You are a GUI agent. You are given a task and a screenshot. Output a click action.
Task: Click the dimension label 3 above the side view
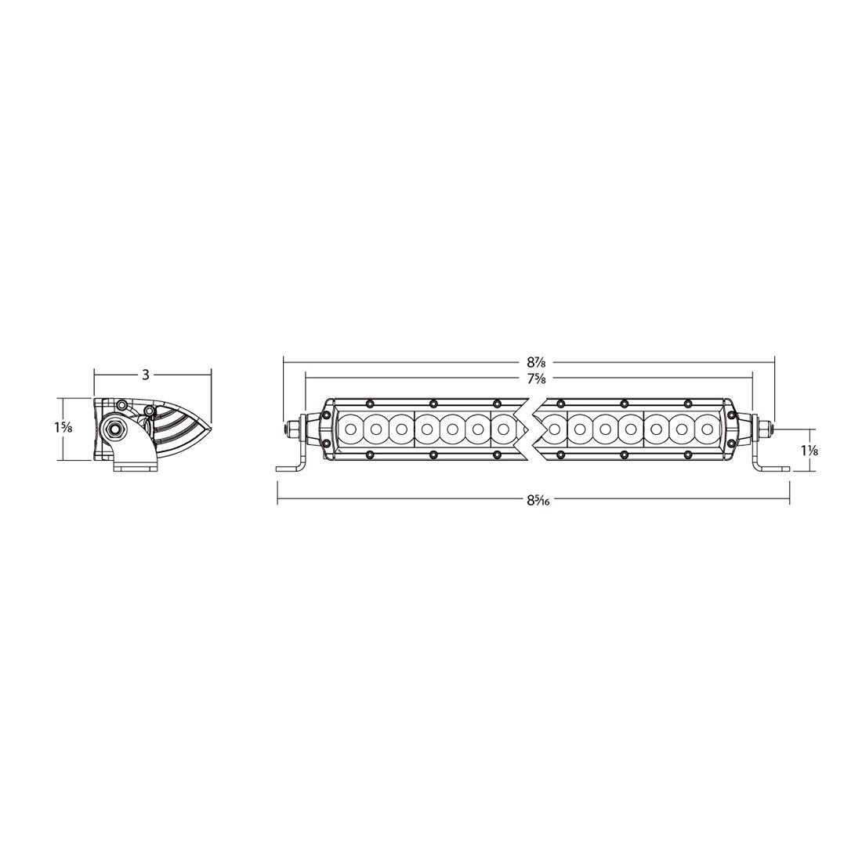click(x=146, y=375)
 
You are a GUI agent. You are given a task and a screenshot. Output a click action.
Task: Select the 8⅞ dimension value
click(x=536, y=362)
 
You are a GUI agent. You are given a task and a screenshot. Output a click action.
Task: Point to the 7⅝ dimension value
click(x=536, y=379)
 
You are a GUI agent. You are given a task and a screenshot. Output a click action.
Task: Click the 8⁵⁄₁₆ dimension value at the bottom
click(x=536, y=501)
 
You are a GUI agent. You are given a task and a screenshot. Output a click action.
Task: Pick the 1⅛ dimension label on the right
click(x=810, y=451)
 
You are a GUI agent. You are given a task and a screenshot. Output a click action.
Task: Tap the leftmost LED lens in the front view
click(x=351, y=429)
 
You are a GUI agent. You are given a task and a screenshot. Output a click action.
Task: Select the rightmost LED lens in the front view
click(x=708, y=429)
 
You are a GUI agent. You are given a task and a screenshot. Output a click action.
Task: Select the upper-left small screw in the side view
click(x=122, y=404)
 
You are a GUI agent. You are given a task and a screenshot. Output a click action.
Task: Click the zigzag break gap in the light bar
click(x=528, y=429)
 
